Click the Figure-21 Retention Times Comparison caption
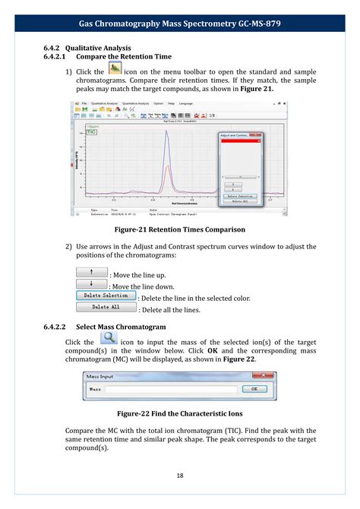tap(179, 229)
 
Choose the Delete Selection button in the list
tap(106, 296)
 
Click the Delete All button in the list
tap(106, 308)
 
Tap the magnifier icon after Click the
tap(109, 340)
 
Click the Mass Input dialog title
tap(99, 376)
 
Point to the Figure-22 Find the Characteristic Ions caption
tap(179, 414)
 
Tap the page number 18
tap(180, 476)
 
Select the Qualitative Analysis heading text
tap(98, 48)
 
